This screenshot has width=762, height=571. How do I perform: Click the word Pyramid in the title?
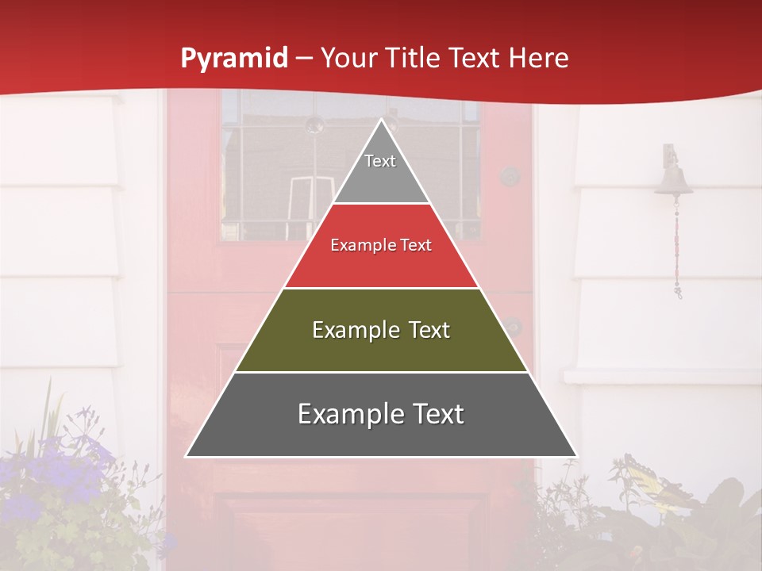point(233,59)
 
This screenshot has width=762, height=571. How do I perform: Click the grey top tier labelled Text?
point(380,167)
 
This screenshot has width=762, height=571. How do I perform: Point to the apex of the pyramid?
point(382,121)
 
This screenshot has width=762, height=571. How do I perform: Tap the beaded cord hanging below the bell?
point(677,246)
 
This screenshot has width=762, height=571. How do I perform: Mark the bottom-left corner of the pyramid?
point(187,456)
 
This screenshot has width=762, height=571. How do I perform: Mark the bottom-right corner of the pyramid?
point(576,456)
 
